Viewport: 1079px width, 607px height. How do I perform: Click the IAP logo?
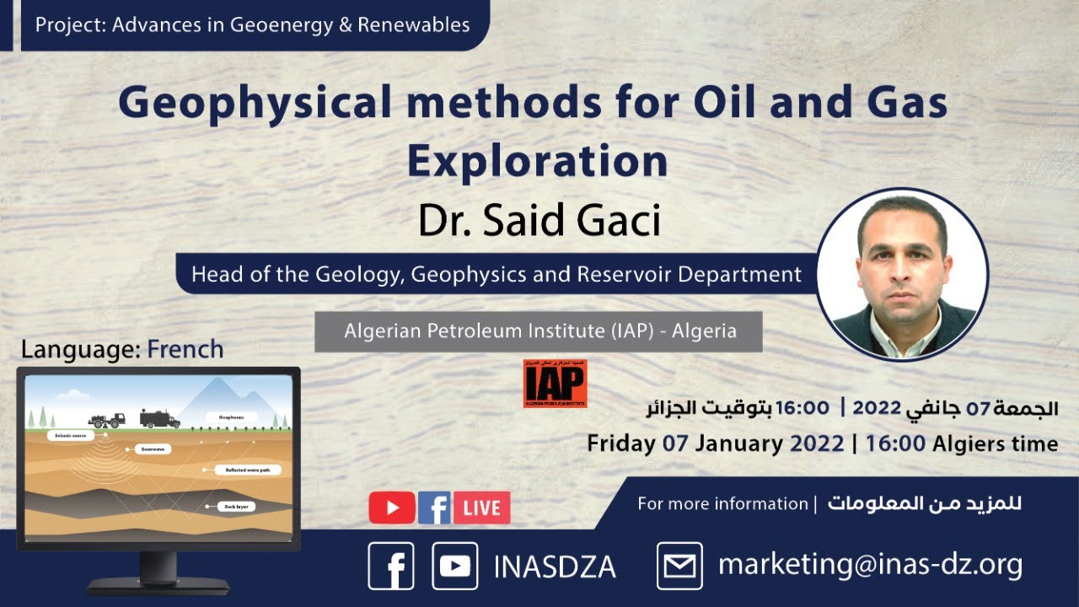pos(555,384)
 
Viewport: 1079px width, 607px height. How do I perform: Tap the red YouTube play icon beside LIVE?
pos(392,508)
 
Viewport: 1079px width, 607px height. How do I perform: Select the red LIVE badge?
pos(482,508)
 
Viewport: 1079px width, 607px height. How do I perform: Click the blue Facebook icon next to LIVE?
pos(434,508)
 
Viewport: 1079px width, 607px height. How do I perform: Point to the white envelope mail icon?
pos(679,566)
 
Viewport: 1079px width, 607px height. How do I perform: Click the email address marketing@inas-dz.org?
pos(870,565)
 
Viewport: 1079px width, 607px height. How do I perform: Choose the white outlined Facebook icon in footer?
pos(391,566)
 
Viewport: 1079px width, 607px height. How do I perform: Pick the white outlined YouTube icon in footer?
pos(455,566)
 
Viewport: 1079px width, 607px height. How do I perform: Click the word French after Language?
pos(185,349)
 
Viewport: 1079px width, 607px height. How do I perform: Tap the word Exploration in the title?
pos(537,160)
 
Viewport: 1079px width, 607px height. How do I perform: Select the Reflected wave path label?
pos(246,470)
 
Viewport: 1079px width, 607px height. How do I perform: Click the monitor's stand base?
pos(158,584)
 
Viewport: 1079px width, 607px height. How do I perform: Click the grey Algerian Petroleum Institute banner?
pos(539,331)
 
